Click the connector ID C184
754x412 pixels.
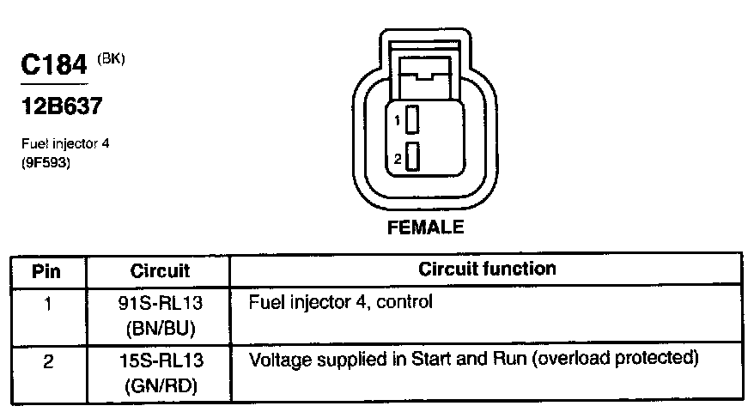click(x=54, y=66)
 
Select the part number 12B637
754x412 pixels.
click(x=60, y=107)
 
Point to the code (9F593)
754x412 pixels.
click(x=46, y=161)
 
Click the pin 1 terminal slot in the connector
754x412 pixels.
click(x=412, y=120)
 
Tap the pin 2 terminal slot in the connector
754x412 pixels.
click(x=412, y=158)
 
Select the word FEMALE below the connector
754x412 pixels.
click(x=426, y=227)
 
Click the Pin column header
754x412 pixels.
click(x=48, y=271)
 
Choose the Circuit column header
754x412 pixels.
click(x=160, y=271)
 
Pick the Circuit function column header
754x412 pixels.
click(x=487, y=270)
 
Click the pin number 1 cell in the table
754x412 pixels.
click(x=48, y=302)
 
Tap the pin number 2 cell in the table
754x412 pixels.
click(x=48, y=361)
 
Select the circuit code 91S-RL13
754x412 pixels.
click(x=160, y=303)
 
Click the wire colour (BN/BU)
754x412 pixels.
click(x=160, y=327)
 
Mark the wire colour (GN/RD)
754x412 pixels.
click(x=160, y=385)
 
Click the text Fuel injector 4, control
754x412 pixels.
click(x=341, y=303)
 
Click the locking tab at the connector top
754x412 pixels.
click(x=427, y=70)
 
